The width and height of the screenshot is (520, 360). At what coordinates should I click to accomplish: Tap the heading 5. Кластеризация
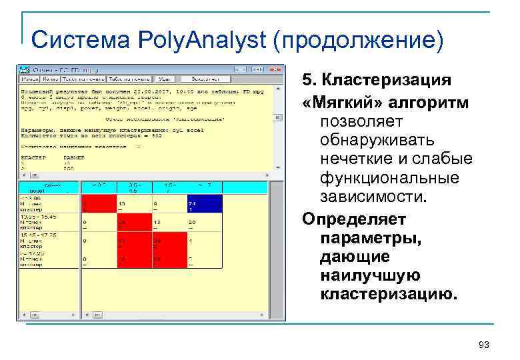377,80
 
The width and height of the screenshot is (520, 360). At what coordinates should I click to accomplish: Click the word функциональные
389,179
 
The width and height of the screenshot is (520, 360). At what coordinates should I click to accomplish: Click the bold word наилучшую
370,275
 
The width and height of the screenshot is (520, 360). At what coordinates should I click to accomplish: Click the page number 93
484,345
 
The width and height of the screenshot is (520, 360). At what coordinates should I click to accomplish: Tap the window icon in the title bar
23,69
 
